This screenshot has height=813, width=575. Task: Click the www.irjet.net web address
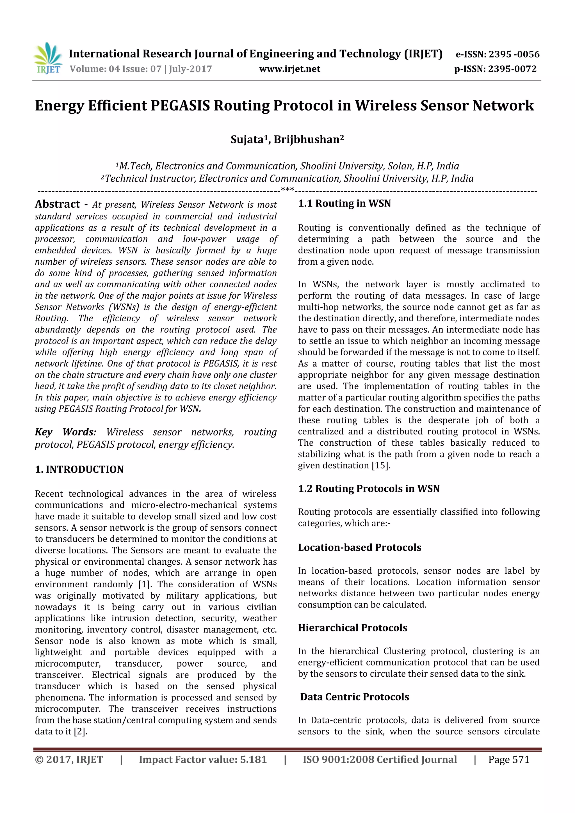tap(289, 69)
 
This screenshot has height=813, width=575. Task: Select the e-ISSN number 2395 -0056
tap(514, 54)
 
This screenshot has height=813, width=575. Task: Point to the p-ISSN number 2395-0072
tap(512, 69)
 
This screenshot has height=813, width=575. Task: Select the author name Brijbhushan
tap(307, 139)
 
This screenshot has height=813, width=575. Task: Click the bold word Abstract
tap(57, 204)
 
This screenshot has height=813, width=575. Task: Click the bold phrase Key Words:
tap(65, 432)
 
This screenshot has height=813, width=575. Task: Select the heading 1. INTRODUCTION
tap(79, 470)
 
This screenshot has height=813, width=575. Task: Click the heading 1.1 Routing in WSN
tap(344, 204)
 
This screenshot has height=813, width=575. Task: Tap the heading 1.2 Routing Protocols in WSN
tap(368, 489)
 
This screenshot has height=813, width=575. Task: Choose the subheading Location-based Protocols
tap(359, 548)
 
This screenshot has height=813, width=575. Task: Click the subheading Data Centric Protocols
tap(354, 697)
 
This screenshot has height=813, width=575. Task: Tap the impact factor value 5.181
tap(253, 759)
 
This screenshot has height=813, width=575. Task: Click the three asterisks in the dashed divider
tap(287, 189)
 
